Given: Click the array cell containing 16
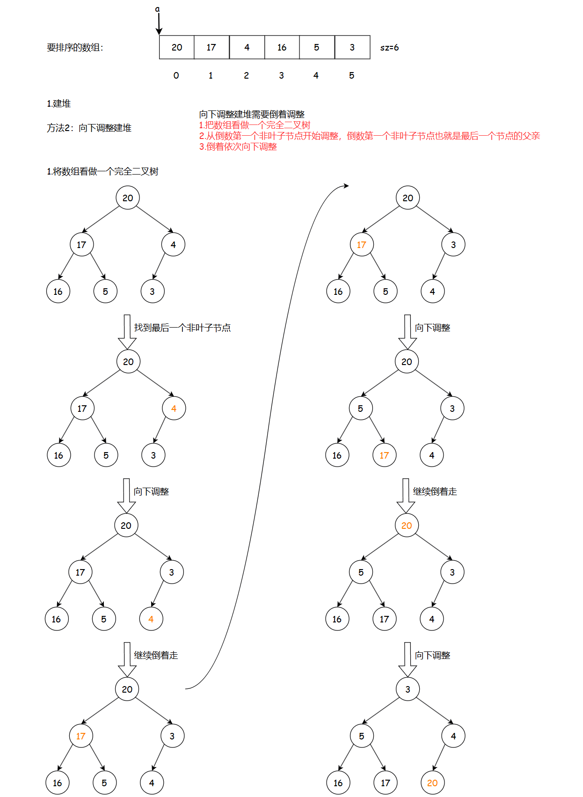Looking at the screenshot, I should click(x=282, y=47).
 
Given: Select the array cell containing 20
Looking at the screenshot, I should click(x=177, y=47).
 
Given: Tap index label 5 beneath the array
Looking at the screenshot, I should click(x=351, y=75).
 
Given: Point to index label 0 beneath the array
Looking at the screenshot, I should click(x=176, y=75).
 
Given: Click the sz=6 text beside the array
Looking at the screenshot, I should click(x=389, y=47).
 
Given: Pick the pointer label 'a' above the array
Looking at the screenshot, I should click(x=158, y=9).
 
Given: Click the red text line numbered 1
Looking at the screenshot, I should click(x=255, y=125).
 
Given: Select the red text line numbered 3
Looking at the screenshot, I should click(x=238, y=146).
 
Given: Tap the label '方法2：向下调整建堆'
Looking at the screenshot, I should click(x=89, y=128).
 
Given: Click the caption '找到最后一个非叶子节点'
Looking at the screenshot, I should click(x=182, y=328).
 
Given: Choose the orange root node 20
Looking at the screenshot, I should click(x=407, y=526).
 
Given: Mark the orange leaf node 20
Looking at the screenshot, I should click(x=432, y=783).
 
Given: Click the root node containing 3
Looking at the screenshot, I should click(x=408, y=689).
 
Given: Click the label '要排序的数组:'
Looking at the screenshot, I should click(x=75, y=47).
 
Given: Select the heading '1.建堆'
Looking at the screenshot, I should click(x=58, y=103).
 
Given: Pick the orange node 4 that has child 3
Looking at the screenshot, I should click(x=174, y=409).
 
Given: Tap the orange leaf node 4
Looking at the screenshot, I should click(x=151, y=619).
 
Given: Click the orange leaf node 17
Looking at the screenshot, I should click(x=384, y=455).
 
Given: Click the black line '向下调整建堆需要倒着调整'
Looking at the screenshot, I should click(x=252, y=114).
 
